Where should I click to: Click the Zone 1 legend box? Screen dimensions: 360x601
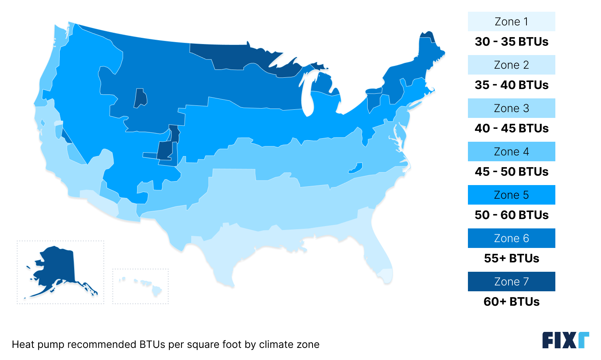(x=511, y=21)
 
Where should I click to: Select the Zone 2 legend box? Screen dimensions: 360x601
(x=511, y=65)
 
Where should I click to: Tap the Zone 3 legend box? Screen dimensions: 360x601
(x=511, y=108)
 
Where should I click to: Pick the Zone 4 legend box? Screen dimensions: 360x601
(x=511, y=151)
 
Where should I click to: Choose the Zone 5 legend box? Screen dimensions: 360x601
(x=511, y=195)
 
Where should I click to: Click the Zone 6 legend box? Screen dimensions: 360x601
(x=511, y=238)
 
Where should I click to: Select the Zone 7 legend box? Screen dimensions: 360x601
(x=511, y=282)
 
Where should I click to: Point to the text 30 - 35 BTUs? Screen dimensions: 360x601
(x=511, y=41)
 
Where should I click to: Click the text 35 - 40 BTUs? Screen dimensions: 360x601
(x=511, y=85)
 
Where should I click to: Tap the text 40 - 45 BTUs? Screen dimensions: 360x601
(x=511, y=128)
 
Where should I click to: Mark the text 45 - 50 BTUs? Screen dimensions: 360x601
(x=511, y=171)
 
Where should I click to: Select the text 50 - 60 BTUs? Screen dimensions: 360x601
(x=511, y=215)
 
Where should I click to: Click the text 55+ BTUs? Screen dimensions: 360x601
(x=511, y=258)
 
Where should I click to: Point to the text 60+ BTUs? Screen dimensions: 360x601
(x=511, y=301)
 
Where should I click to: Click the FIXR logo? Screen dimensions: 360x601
(x=565, y=340)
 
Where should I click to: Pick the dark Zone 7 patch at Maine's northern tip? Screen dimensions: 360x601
(x=427, y=36)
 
